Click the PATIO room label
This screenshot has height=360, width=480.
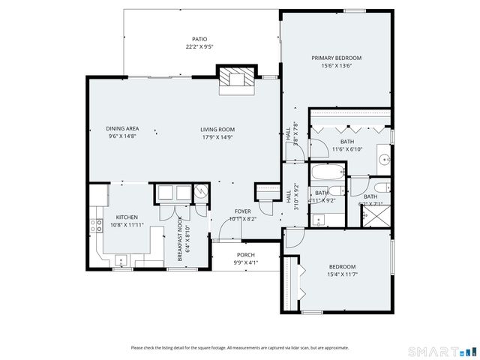pos(199,39)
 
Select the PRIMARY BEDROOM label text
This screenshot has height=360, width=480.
pos(337,58)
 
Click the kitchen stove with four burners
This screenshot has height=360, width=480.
pos(96,223)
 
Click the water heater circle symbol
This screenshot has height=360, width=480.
pos(200,193)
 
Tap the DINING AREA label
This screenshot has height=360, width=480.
pos(122,128)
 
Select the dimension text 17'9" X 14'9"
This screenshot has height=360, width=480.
pos(218,136)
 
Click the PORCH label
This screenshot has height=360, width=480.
pos(246,255)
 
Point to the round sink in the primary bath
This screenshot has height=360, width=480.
pos(383,159)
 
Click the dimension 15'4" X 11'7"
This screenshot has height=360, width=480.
pos(342,274)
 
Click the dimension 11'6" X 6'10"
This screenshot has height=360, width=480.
pos(347,148)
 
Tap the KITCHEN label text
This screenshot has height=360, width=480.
pos(126,217)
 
